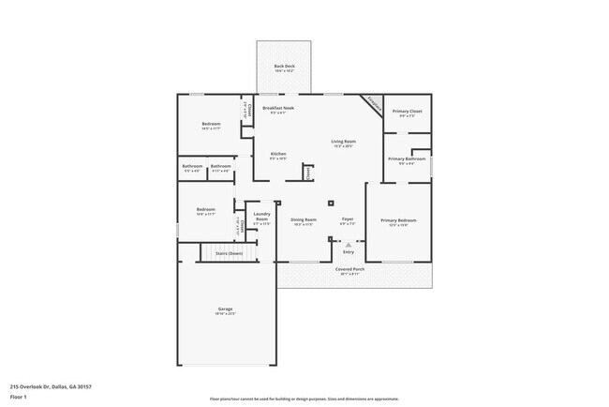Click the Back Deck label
(285, 67)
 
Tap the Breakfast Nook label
(278, 110)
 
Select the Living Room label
(343, 143)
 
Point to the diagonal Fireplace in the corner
(373, 104)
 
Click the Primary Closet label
(407, 112)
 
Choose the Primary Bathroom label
(408, 159)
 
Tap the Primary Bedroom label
(398, 221)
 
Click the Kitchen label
(278, 155)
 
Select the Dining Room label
(303, 221)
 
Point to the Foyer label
(347, 221)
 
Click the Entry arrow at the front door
(349, 244)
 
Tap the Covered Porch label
(350, 270)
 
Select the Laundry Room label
(262, 218)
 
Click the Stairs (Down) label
(230, 253)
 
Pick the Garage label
(226, 310)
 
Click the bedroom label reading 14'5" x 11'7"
(211, 126)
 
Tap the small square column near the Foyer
(330, 203)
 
